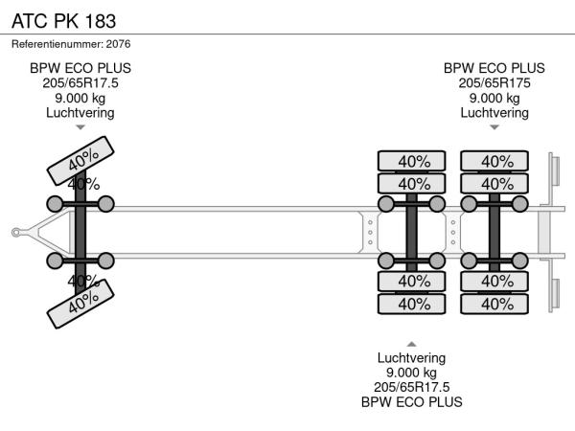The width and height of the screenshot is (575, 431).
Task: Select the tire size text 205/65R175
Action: (x=494, y=82)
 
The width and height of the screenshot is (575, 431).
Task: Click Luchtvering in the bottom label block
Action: (x=411, y=358)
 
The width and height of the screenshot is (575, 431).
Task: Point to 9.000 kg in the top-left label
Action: (x=80, y=98)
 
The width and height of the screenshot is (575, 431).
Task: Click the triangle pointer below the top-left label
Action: (x=80, y=126)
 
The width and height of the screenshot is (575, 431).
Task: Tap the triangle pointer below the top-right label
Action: (x=494, y=126)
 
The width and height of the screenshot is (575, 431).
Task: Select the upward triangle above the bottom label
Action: (x=411, y=343)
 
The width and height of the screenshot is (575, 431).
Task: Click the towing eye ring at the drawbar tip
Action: (x=16, y=232)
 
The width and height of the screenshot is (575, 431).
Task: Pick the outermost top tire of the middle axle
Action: (x=412, y=161)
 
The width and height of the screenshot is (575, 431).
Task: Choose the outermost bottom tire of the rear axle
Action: (x=495, y=304)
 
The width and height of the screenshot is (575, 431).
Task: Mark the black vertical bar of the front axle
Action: (x=80, y=232)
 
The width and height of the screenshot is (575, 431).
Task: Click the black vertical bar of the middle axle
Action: (x=412, y=232)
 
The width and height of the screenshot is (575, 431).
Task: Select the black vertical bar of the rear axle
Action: (x=495, y=232)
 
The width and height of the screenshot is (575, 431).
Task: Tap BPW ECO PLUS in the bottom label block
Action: (x=411, y=401)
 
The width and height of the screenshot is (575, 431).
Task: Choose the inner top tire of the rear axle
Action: (x=495, y=184)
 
